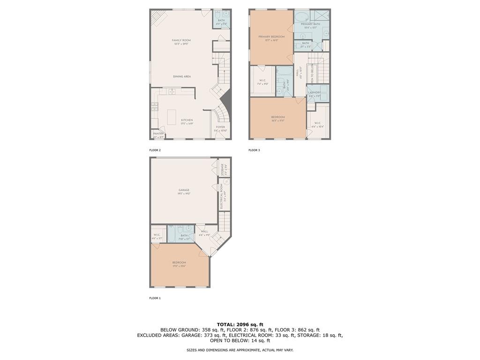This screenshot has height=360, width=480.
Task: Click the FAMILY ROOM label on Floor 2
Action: (x=181, y=40)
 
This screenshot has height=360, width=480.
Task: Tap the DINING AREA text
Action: (x=182, y=76)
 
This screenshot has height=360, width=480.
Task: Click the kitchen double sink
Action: (x=172, y=92)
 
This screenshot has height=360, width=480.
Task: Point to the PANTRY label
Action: (x=158, y=134)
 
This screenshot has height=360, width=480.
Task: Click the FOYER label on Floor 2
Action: (x=220, y=127)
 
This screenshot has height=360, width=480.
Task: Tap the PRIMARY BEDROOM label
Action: (x=271, y=36)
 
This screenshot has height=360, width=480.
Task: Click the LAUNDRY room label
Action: (x=315, y=92)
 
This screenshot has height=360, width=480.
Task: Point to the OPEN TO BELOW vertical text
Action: (x=312, y=75)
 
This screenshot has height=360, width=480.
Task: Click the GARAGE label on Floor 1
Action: (x=184, y=190)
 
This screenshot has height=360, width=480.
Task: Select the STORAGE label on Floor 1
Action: (x=222, y=169)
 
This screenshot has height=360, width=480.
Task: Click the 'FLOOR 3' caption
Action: (x=254, y=150)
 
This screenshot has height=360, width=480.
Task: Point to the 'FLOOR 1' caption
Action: (x=155, y=298)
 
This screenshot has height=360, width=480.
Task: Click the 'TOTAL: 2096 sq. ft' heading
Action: (x=240, y=324)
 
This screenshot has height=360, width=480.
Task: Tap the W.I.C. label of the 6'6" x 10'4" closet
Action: (x=317, y=123)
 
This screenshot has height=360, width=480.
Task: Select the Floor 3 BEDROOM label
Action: (x=278, y=117)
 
